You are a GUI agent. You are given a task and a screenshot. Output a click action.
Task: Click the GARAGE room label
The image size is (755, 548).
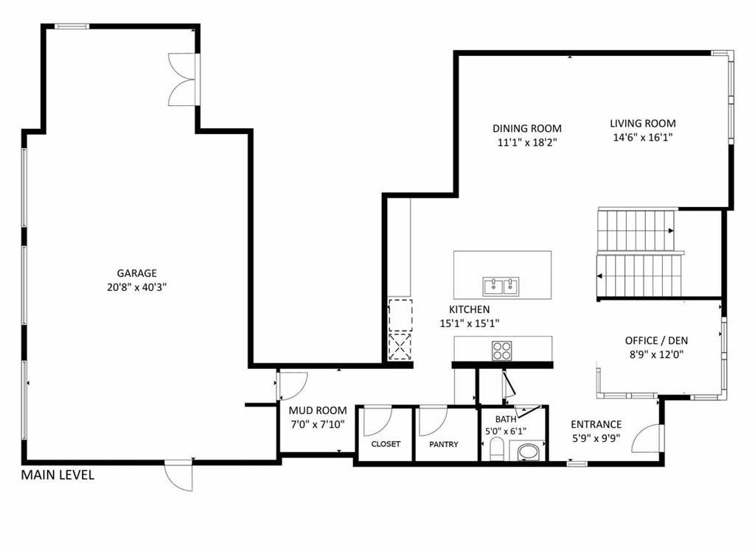[136, 273]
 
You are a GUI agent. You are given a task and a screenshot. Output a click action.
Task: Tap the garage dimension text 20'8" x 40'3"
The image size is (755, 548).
[136, 288]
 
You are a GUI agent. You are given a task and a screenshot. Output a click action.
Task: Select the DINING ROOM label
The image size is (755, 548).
[526, 128]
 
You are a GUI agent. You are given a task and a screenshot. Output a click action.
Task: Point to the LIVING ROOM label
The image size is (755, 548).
[643, 123]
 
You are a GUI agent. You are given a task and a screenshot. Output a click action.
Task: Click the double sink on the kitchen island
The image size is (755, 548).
[501, 287]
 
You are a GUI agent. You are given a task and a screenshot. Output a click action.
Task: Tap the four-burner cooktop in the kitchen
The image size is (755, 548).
[501, 351]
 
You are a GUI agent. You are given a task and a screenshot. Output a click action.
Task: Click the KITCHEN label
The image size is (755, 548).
[470, 309]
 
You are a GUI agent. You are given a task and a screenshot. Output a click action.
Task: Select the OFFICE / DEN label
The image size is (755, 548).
[656, 340]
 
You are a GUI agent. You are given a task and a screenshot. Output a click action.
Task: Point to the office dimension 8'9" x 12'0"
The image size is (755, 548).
[656, 355]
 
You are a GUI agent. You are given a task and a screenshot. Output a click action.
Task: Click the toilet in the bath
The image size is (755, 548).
[496, 449]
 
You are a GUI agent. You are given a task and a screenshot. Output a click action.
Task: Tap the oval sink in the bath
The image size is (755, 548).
[528, 452]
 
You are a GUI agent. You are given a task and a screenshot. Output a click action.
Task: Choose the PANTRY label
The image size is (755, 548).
[443, 445]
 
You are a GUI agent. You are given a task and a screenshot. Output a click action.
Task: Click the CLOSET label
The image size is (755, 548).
[386, 444]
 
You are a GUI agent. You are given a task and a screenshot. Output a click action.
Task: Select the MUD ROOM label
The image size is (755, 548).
[318, 410]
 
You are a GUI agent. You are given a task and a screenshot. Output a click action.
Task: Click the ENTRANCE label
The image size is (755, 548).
[596, 424]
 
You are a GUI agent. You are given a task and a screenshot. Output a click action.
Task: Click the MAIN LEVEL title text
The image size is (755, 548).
[58, 475]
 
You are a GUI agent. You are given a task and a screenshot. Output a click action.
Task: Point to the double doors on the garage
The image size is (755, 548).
[183, 80]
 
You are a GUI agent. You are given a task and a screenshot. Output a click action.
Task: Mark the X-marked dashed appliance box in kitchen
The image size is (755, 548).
[400, 346]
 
